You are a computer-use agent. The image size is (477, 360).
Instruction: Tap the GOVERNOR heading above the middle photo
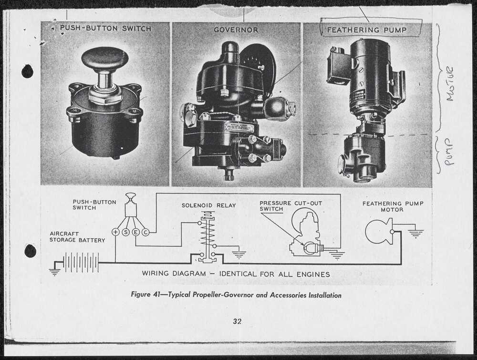(x=236, y=30)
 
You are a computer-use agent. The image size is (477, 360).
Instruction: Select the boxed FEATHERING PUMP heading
(x=366, y=30)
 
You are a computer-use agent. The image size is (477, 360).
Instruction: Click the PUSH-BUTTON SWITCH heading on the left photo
(x=105, y=28)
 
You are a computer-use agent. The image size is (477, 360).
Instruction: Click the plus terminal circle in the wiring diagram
(x=115, y=232)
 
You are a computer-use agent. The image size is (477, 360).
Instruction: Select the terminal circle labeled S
(x=126, y=232)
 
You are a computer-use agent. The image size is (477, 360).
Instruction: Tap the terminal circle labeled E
(x=135, y=232)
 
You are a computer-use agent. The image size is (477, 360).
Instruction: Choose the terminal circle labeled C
(x=145, y=232)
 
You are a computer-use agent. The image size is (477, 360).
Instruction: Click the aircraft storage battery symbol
(x=81, y=262)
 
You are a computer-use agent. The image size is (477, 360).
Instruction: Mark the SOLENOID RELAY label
(x=209, y=205)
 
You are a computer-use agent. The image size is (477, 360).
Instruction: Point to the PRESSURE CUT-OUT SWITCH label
(x=290, y=206)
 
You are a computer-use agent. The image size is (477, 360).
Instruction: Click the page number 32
(x=237, y=321)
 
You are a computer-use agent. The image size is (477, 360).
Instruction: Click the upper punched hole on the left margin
(x=27, y=72)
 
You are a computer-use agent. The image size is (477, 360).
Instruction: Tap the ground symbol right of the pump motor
(x=415, y=234)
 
